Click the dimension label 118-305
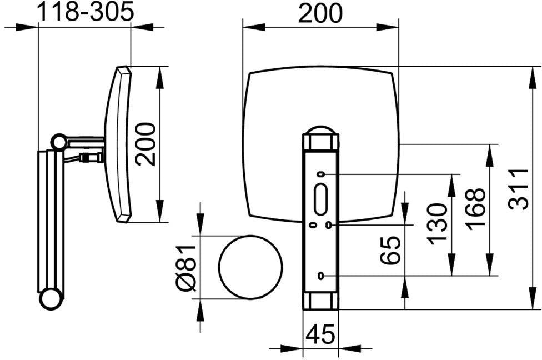(x=85, y=12)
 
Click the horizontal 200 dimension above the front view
(x=320, y=13)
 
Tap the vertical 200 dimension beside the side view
(x=145, y=144)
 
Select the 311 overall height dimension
(x=519, y=189)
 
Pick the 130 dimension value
(x=437, y=224)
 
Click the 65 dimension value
(x=390, y=250)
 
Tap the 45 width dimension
(x=320, y=334)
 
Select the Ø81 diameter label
(x=186, y=268)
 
